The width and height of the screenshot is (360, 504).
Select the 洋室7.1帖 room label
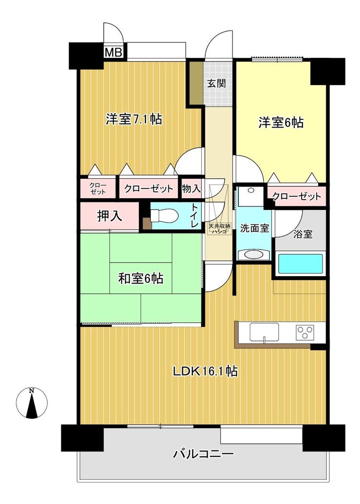tap(134, 119)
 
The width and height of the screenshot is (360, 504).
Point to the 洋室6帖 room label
tap(281, 122)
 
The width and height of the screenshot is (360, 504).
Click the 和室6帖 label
tap(141, 278)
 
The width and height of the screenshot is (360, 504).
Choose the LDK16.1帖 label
tap(205, 371)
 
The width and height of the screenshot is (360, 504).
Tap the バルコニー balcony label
tap(203, 454)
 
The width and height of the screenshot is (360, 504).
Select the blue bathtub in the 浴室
tap(300, 263)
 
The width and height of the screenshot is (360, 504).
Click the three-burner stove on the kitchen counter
tap(305, 333)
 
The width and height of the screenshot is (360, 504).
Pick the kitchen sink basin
tap(264, 332)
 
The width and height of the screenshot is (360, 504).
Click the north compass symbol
tap(32, 403)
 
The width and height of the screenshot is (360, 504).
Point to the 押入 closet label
tap(109, 216)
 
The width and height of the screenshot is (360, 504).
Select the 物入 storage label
tap(191, 188)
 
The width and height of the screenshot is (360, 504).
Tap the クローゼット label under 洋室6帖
tap(296, 196)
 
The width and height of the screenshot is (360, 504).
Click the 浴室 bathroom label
tap(303, 234)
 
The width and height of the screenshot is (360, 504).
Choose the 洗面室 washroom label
tap(254, 228)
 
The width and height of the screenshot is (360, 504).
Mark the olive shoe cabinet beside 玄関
tap(196, 83)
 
